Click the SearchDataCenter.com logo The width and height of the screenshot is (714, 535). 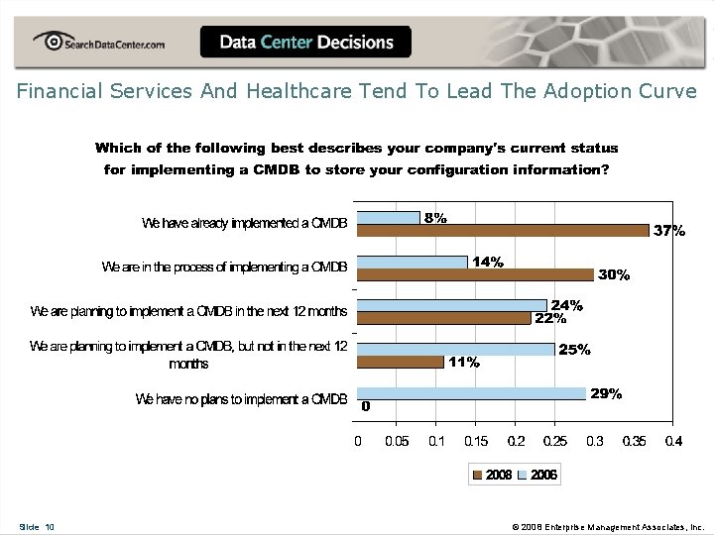coord(98,42)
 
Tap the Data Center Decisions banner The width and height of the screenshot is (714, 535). coord(305,42)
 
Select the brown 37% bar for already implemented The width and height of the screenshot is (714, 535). coord(503,230)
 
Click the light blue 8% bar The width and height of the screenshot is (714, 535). coord(389,217)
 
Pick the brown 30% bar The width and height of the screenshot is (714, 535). coord(475,274)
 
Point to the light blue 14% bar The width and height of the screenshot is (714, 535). coord(413,262)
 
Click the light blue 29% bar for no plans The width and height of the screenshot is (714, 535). coord(471,393)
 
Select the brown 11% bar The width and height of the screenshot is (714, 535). coord(400,362)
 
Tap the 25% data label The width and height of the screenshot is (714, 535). coord(575,350)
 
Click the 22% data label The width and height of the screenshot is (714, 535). coord(550,319)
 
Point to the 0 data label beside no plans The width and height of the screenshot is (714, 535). coord(366,406)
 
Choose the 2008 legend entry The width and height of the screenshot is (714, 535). coord(493,475)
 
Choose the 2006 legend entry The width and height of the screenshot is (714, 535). coord(537,475)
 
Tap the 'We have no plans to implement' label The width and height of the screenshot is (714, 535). coord(241,399)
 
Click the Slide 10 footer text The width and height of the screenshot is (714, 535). coord(37,527)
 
